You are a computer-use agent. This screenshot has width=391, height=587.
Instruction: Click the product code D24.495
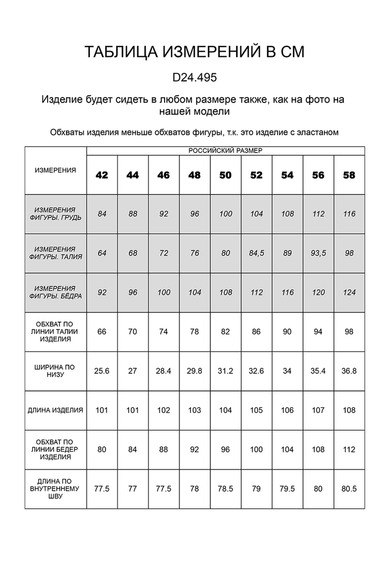tap(195, 77)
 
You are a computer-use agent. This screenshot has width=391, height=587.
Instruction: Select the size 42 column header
tap(101, 175)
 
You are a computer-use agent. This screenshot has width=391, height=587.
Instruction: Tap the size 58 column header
tap(349, 175)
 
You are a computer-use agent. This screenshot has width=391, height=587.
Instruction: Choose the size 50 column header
tap(225, 175)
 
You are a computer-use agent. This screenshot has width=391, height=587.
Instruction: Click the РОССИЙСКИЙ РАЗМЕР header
tap(225, 150)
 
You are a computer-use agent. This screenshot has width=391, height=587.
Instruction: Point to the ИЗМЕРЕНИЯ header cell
tap(55, 170)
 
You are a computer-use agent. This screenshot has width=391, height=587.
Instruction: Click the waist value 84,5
tap(256, 253)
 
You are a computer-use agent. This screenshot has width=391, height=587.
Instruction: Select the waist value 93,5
tap(318, 253)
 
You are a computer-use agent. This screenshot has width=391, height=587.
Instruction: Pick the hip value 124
tap(349, 292)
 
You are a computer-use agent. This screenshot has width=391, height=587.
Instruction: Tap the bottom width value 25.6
tap(101, 371)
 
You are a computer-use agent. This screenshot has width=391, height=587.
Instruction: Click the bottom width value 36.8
tap(349, 371)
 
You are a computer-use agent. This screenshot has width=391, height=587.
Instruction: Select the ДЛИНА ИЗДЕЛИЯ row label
tap(55, 410)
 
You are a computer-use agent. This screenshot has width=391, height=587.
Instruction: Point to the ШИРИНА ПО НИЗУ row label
tap(55, 371)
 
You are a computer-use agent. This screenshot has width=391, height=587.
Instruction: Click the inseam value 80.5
tap(349, 489)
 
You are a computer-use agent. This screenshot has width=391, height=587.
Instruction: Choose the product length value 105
tap(256, 410)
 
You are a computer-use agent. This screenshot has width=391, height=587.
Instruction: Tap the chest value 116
tap(349, 214)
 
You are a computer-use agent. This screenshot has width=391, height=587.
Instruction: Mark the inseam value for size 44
tap(132, 489)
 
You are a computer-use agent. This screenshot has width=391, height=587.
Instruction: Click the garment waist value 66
tap(101, 331)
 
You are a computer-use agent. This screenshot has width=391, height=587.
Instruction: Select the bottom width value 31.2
tap(225, 371)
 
